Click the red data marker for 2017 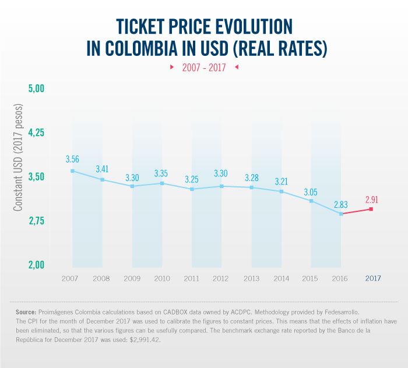[371, 209]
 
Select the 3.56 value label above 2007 [72, 159]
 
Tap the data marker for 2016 [342, 214]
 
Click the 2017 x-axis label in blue [372, 278]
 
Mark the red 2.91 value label [372, 199]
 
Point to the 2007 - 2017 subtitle [204, 67]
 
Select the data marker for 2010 [162, 183]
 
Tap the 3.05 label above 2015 [312, 191]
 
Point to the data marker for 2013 [252, 187]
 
